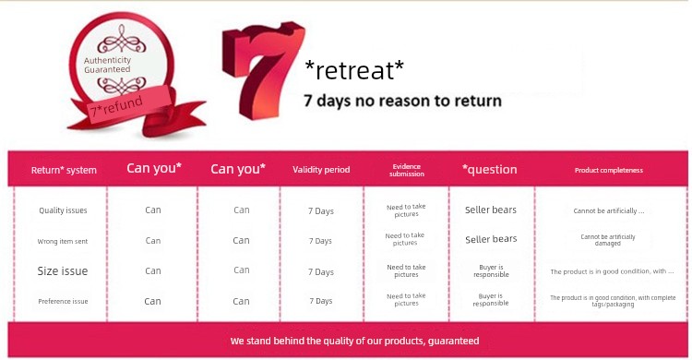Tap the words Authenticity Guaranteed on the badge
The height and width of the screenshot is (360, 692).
point(107,65)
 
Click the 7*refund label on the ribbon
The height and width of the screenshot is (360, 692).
point(116,106)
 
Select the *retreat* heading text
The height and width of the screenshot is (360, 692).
point(354,71)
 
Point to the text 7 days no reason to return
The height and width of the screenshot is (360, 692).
point(402,101)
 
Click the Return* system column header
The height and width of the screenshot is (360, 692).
point(64,170)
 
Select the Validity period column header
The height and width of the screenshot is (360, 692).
point(321,170)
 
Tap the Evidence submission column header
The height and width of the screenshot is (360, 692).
point(407,170)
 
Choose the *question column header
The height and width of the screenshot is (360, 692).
point(489,169)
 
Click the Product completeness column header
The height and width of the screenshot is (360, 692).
point(609,170)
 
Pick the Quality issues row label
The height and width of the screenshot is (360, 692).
point(63,210)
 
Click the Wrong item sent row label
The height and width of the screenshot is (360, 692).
point(62,241)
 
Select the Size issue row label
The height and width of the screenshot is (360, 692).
point(62,270)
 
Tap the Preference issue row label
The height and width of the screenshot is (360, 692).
point(63,301)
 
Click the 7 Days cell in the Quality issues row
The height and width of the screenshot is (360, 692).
point(321,211)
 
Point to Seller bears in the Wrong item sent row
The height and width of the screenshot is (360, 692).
point(491,239)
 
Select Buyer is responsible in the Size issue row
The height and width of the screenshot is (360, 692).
point(491,270)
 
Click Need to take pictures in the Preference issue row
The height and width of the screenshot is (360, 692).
point(406,299)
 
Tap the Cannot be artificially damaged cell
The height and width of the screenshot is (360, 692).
point(608,240)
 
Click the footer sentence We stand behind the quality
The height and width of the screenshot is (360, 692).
point(354,341)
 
